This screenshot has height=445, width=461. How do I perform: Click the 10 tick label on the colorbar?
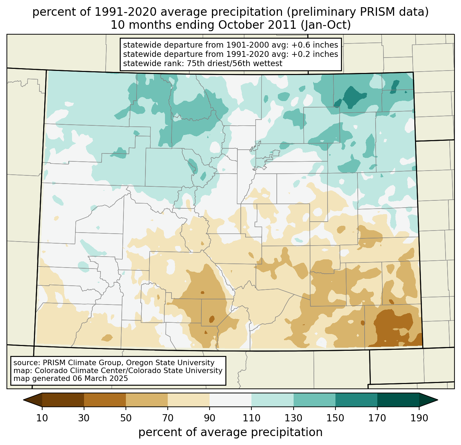(x=42, y=418)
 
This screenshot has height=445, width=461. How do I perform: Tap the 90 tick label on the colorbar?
(x=210, y=418)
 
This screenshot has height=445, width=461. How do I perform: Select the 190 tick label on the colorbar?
(x=419, y=418)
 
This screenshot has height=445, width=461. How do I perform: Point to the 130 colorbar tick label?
(x=294, y=418)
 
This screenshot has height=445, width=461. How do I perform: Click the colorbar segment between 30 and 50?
(x=105, y=400)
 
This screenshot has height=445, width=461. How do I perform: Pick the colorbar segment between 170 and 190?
(x=398, y=400)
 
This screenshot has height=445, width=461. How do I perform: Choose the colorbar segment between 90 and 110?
(x=230, y=400)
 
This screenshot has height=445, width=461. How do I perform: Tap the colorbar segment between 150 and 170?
(x=356, y=400)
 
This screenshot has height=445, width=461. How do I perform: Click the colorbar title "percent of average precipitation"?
(x=230, y=432)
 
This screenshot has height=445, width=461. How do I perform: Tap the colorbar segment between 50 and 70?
(x=147, y=400)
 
